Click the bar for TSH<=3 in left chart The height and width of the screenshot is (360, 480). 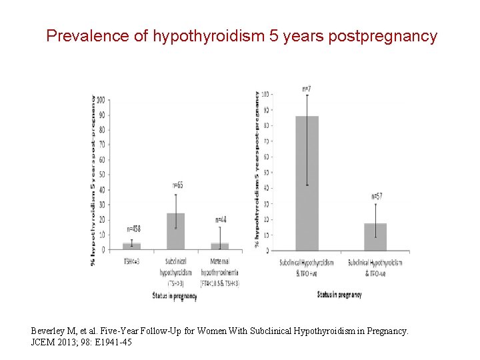pos(132,246)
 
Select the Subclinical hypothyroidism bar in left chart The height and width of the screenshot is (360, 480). pos(175,231)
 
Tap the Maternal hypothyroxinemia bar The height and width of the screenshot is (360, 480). pos(220,246)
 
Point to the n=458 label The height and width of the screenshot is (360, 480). pos(132,229)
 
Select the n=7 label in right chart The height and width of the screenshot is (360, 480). pos(307,88)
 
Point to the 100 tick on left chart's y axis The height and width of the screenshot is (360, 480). pos(101,100)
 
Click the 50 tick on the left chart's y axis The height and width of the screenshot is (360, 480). pos(102,175)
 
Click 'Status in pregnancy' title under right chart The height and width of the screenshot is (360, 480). pos(339,294)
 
